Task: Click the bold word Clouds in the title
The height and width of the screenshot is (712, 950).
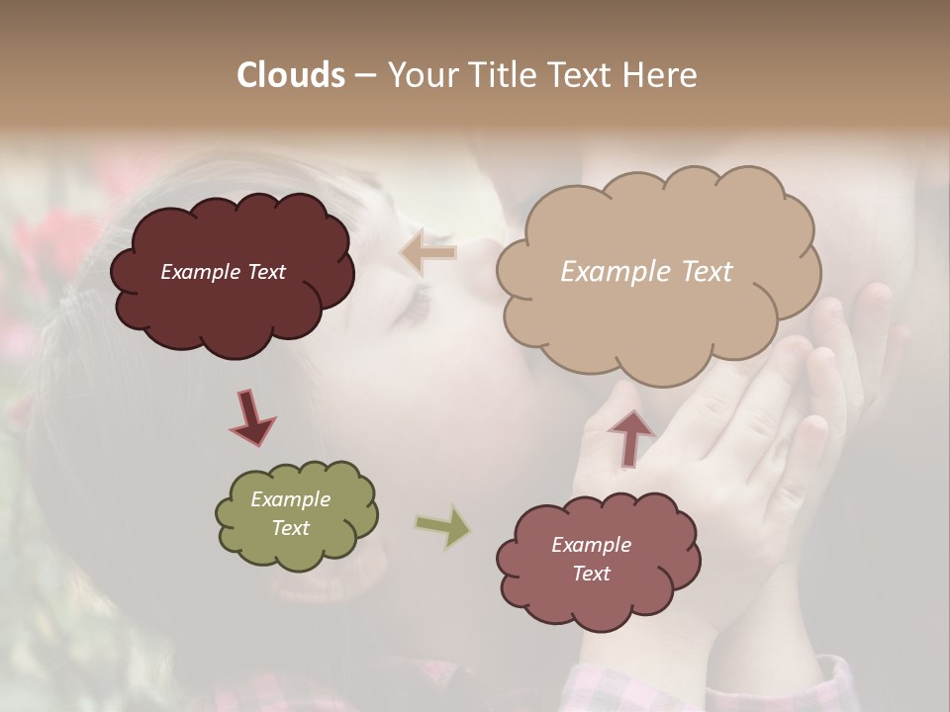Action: pyautogui.click(x=291, y=75)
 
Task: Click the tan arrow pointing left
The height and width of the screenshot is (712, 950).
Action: pyautogui.click(x=427, y=252)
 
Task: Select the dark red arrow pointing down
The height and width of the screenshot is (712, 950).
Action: pyautogui.click(x=251, y=416)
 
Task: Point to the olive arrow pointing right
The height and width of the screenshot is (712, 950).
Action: pyautogui.click(x=442, y=526)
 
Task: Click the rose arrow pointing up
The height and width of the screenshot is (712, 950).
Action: pyautogui.click(x=630, y=436)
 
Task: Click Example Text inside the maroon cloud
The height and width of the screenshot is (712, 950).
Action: pyautogui.click(x=223, y=272)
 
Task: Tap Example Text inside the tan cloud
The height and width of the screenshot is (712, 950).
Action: pyautogui.click(x=646, y=272)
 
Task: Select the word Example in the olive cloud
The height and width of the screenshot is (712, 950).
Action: pyautogui.click(x=290, y=499)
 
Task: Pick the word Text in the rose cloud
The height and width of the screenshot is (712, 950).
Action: pyautogui.click(x=591, y=574)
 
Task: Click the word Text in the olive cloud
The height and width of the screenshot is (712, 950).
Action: pyautogui.click(x=290, y=528)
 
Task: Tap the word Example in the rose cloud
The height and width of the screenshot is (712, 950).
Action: pyautogui.click(x=591, y=545)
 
